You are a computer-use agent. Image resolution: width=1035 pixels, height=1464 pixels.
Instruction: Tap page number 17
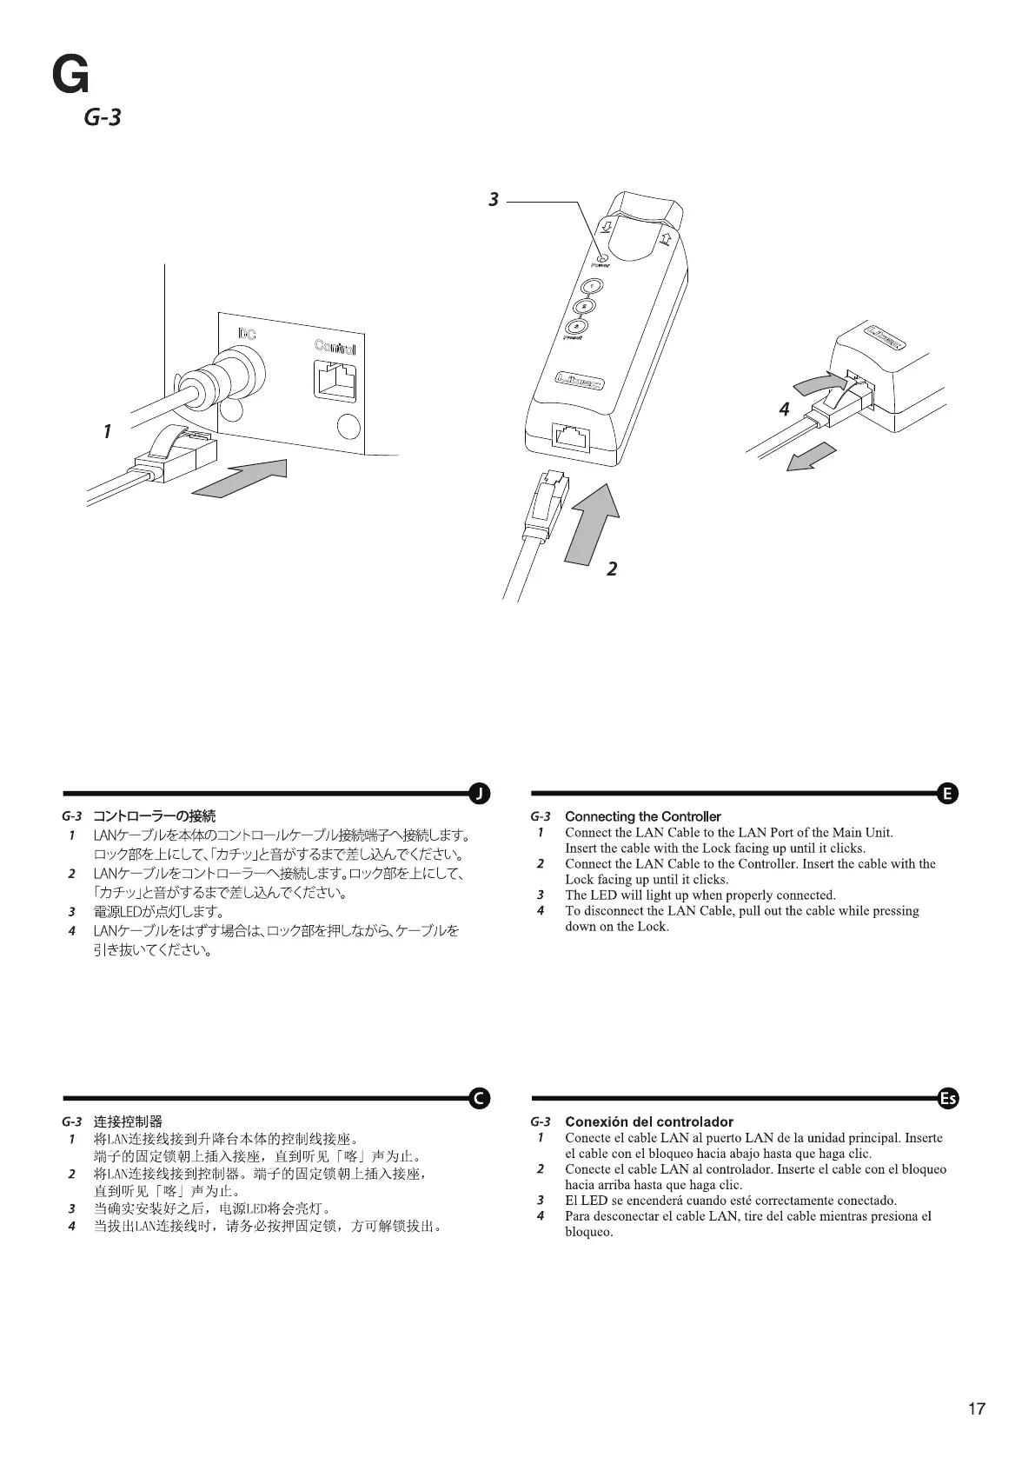pyautogui.click(x=977, y=1408)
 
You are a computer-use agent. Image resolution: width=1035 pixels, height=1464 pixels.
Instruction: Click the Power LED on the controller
pyautogui.click(x=600, y=256)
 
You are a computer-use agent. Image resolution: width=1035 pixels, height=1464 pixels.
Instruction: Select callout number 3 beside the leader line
pyautogui.click(x=494, y=200)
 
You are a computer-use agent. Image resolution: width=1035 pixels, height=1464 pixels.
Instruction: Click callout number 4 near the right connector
pyautogui.click(x=784, y=409)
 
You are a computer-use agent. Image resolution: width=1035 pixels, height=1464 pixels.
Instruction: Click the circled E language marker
pyautogui.click(x=948, y=793)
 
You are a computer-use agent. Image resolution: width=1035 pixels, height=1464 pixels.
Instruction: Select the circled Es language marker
pyautogui.click(x=948, y=1098)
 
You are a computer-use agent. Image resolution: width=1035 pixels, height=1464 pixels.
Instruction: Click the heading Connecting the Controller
pyautogui.click(x=642, y=816)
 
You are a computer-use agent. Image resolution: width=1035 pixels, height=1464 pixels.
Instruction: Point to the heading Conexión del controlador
pyautogui.click(x=648, y=1121)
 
